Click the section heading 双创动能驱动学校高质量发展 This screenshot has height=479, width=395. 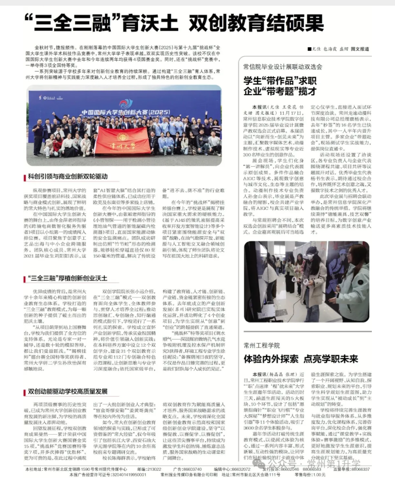[68, 377]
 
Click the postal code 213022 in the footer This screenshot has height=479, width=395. [154, 469]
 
